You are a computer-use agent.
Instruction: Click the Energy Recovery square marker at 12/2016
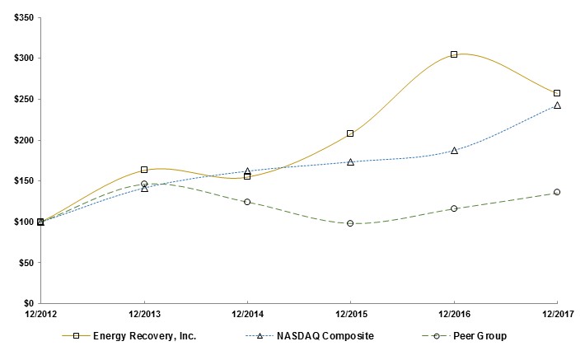454,54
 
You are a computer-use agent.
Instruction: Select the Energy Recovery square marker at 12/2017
557,93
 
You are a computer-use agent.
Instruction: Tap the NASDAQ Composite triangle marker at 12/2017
557,105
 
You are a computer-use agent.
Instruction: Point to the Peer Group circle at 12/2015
350,223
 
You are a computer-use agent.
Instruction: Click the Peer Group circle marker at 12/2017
557,192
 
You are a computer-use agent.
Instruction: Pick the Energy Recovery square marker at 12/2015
350,133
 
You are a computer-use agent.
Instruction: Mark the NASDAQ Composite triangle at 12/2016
454,151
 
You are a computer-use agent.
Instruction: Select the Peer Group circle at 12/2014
247,202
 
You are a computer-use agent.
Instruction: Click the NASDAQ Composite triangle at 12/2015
350,162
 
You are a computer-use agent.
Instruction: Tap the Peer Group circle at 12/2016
454,208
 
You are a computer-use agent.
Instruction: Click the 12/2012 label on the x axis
40,315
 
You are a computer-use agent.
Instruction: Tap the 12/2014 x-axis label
247,315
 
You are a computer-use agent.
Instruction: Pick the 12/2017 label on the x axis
557,315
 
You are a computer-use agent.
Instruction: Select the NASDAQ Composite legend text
326,336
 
